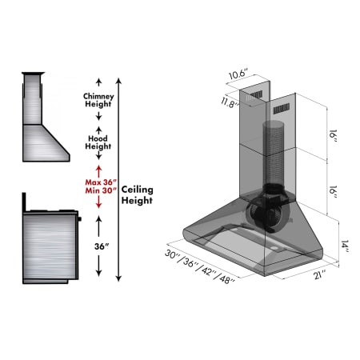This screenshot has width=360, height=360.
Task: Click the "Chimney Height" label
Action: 98,100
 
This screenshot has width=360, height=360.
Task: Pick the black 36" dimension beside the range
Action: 98,246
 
